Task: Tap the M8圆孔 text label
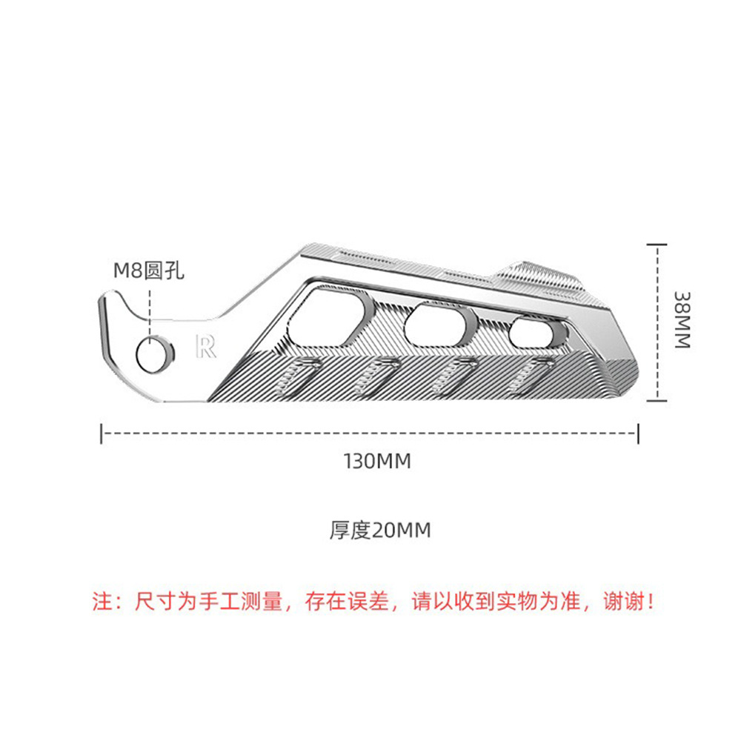(x=147, y=270)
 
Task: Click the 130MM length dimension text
(x=377, y=461)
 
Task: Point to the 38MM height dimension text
(x=682, y=319)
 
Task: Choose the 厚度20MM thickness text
(x=380, y=531)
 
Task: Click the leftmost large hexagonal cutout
(x=330, y=314)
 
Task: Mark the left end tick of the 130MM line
(x=102, y=433)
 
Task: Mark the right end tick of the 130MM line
(x=638, y=433)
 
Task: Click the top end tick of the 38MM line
(x=657, y=243)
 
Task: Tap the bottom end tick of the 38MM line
(x=657, y=400)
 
